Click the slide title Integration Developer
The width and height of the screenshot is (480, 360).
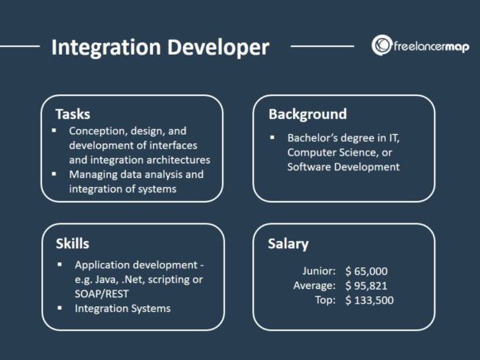coord(160,47)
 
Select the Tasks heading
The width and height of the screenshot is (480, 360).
coord(73,113)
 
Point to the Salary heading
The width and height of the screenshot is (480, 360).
coord(289,244)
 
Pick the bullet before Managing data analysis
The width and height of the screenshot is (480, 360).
coord(55,175)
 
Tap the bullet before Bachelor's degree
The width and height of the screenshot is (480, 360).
coord(271,137)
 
